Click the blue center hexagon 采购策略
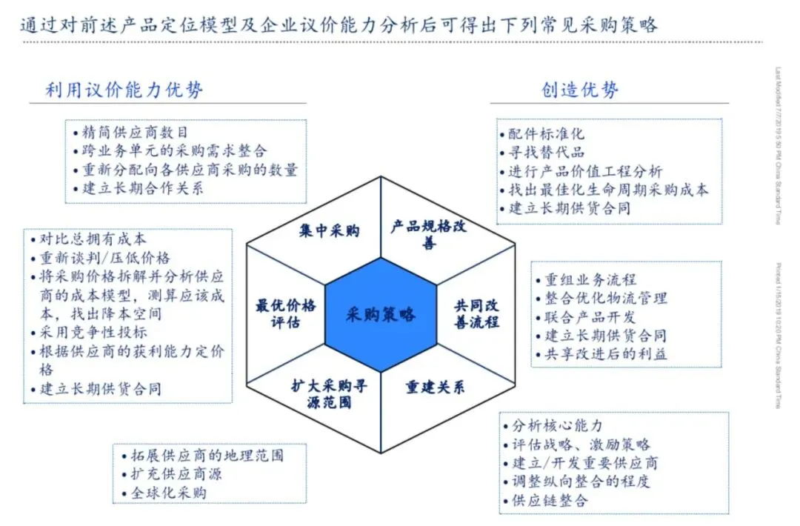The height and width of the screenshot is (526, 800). pos(380,314)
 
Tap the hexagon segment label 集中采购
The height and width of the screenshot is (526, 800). pos(330,231)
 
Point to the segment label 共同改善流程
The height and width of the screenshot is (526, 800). pos(476,313)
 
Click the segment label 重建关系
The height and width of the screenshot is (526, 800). pos(435,387)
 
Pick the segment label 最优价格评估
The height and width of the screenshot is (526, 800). pos(286,313)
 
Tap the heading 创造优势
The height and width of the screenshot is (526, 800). pos(580,90)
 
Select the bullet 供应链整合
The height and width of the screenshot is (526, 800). pos(550,500)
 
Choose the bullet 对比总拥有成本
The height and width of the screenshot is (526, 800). pos(93,239)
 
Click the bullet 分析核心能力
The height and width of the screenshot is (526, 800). pos(556,426)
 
